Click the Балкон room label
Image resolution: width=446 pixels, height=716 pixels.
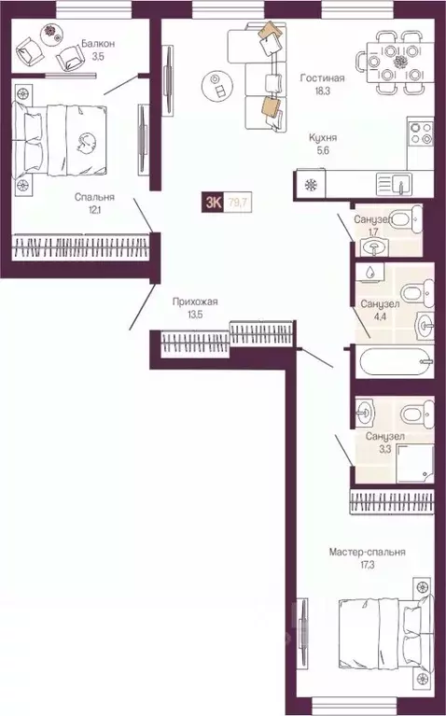[98, 43]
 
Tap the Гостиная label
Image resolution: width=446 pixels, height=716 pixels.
[322, 79]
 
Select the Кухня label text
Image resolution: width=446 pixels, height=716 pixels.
[323, 137]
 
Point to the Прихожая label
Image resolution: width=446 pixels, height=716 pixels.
[194, 302]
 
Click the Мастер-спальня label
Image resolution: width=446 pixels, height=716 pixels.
[367, 553]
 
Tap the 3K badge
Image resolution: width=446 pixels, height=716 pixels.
[214, 199]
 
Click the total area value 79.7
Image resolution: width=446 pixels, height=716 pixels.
[241, 199]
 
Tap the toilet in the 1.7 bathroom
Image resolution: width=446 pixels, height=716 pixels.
[403, 220]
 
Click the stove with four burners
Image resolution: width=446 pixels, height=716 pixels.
[420, 133]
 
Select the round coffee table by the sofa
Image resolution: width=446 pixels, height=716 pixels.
[217, 88]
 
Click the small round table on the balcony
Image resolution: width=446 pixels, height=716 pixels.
[49, 31]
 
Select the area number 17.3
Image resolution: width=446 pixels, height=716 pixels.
[367, 567]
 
